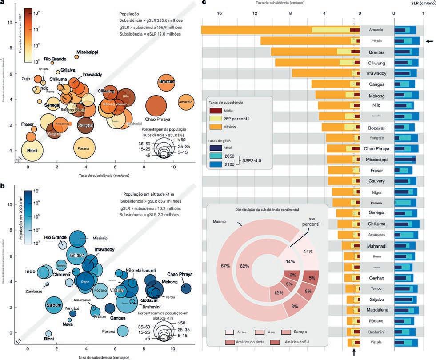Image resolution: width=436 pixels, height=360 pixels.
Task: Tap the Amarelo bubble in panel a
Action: [x=186, y=103]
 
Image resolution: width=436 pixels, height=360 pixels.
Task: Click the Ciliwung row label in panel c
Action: [x=376, y=63]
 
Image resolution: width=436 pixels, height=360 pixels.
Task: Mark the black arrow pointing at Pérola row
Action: [x=429, y=41]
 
